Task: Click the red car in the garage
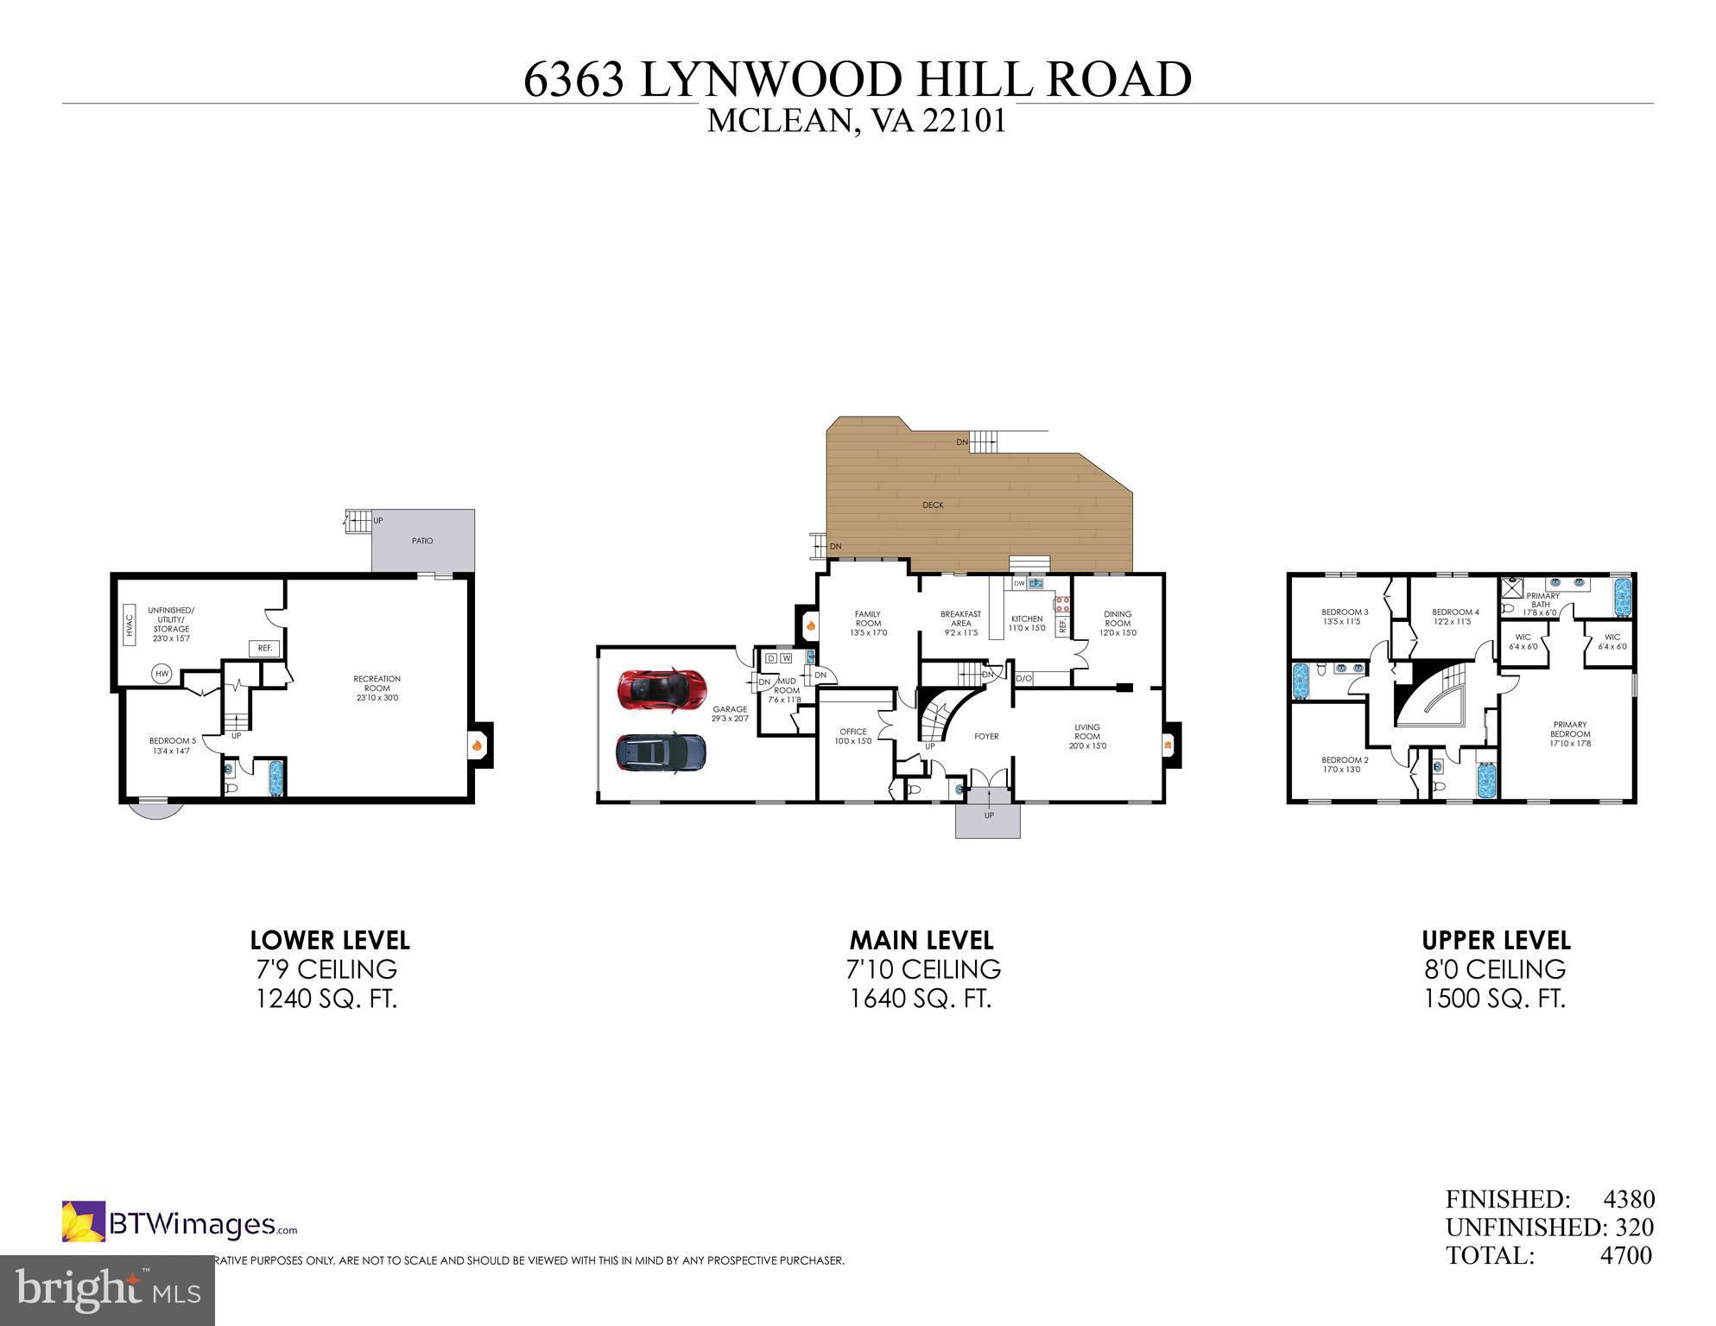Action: click(662, 688)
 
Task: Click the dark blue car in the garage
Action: click(661, 752)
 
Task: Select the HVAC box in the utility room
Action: click(130, 625)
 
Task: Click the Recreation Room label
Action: click(377, 688)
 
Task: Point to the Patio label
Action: click(422, 541)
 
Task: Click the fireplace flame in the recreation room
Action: click(476, 745)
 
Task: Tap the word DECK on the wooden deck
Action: click(933, 504)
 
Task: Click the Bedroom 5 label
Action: click(173, 745)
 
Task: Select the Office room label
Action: click(852, 736)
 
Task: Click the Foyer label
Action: click(986, 737)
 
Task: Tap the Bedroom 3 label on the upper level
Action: click(1345, 616)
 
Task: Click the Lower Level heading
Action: click(330, 940)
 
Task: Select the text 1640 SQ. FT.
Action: click(921, 999)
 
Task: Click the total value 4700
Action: click(1626, 1255)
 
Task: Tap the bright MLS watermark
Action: click(107, 1291)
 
